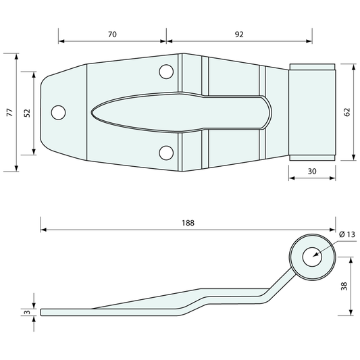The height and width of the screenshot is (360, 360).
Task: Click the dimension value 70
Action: (112, 34)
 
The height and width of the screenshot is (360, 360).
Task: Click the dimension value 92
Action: (239, 34)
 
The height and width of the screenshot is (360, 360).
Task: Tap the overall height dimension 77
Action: (10, 112)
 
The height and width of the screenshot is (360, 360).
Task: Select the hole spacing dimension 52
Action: (27, 113)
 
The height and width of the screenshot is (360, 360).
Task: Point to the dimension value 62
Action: (347, 112)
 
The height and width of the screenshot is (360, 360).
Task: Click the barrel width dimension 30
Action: (312, 172)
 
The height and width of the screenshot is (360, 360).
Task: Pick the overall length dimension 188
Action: (188, 223)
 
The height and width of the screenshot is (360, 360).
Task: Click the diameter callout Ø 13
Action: (347, 234)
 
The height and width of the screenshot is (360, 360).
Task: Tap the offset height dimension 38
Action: (344, 286)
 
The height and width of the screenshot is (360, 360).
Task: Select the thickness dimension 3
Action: (27, 312)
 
